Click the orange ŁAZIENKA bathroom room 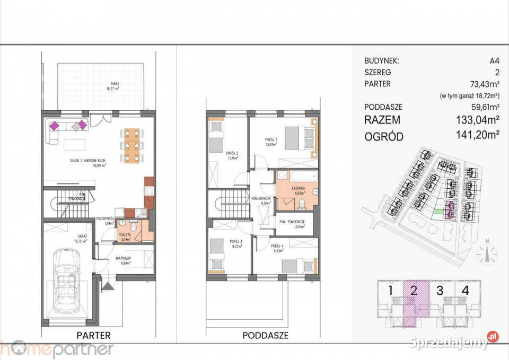tap(296, 189)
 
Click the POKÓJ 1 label tap(272, 141)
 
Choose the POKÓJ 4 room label tap(277, 247)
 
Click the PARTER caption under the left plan tap(93, 335)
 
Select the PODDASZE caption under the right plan tap(265, 335)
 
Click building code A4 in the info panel tap(494, 61)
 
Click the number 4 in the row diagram tap(465, 291)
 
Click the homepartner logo tap(56, 349)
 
